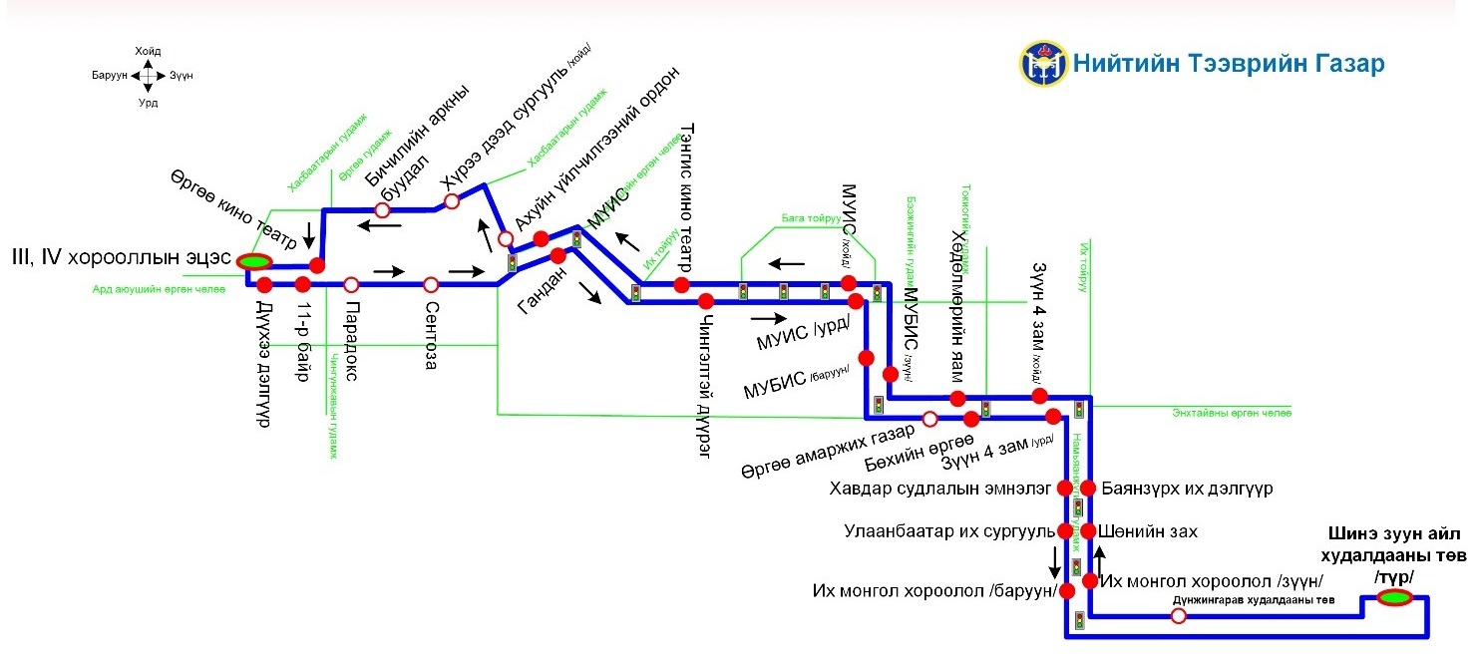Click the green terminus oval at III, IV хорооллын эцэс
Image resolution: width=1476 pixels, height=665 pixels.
click(254, 261)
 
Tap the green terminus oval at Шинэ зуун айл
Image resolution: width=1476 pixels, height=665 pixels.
click(1393, 597)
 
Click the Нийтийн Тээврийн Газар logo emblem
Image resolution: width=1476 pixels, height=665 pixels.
click(1042, 63)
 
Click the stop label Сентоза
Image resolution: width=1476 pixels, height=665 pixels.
click(431, 335)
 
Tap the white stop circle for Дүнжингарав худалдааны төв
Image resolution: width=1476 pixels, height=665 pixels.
click(1178, 616)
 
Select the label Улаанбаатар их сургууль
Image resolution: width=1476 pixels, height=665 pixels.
click(949, 531)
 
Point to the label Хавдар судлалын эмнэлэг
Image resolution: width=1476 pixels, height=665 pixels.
click(940, 489)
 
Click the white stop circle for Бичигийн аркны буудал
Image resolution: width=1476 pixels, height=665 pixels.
click(381, 209)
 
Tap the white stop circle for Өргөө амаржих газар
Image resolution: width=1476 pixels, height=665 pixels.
click(929, 418)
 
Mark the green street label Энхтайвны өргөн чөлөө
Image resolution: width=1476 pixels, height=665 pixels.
click(1232, 412)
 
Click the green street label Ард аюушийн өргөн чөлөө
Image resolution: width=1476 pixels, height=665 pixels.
click(160, 289)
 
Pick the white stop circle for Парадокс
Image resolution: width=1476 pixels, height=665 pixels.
click(351, 284)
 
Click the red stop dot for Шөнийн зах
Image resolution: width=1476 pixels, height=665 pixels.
click(1089, 530)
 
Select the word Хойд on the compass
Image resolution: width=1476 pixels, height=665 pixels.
click(147, 51)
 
